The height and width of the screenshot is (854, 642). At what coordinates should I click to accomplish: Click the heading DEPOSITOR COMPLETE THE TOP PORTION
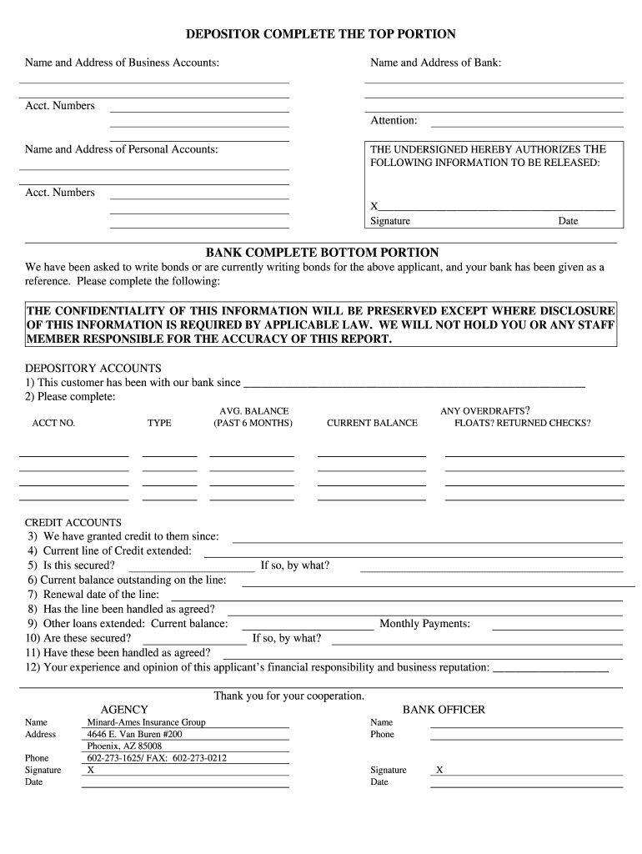pos(321,34)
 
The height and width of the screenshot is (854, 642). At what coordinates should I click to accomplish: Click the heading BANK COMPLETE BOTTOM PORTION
pos(322,252)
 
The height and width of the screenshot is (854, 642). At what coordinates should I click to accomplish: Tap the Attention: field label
pos(394,121)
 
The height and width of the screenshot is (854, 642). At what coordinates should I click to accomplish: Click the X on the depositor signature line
pos(374,206)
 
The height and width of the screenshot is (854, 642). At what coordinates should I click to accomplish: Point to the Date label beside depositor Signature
pos(568,221)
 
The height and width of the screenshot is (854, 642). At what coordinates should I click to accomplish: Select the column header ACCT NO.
pos(53,423)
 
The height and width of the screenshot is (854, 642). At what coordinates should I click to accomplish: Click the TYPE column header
pos(159,423)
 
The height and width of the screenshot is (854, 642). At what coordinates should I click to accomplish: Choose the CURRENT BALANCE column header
pos(372,423)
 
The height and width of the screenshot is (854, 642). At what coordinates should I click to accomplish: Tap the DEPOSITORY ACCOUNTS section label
pos(93,368)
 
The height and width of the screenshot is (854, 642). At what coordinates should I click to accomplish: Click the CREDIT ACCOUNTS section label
pos(73,522)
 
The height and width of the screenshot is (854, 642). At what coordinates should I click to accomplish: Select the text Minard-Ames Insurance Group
pos(147,722)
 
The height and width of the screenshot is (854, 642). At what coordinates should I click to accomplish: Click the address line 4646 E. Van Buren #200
pos(135,734)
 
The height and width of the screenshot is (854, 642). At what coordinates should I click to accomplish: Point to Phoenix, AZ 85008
pos(125,746)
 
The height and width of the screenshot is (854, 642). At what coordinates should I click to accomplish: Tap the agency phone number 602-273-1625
pos(115,758)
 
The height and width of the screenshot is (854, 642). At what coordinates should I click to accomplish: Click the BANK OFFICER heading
pos(444,710)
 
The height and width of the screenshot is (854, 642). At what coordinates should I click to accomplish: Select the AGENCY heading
pos(124,710)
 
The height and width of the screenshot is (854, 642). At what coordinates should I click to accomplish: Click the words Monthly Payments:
pos(424,623)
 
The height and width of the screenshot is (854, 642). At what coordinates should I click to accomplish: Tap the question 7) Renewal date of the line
pos(93,595)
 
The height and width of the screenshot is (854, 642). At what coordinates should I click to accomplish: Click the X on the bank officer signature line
pos(439,770)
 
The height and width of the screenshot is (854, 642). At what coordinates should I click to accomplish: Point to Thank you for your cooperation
pos(289,696)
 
